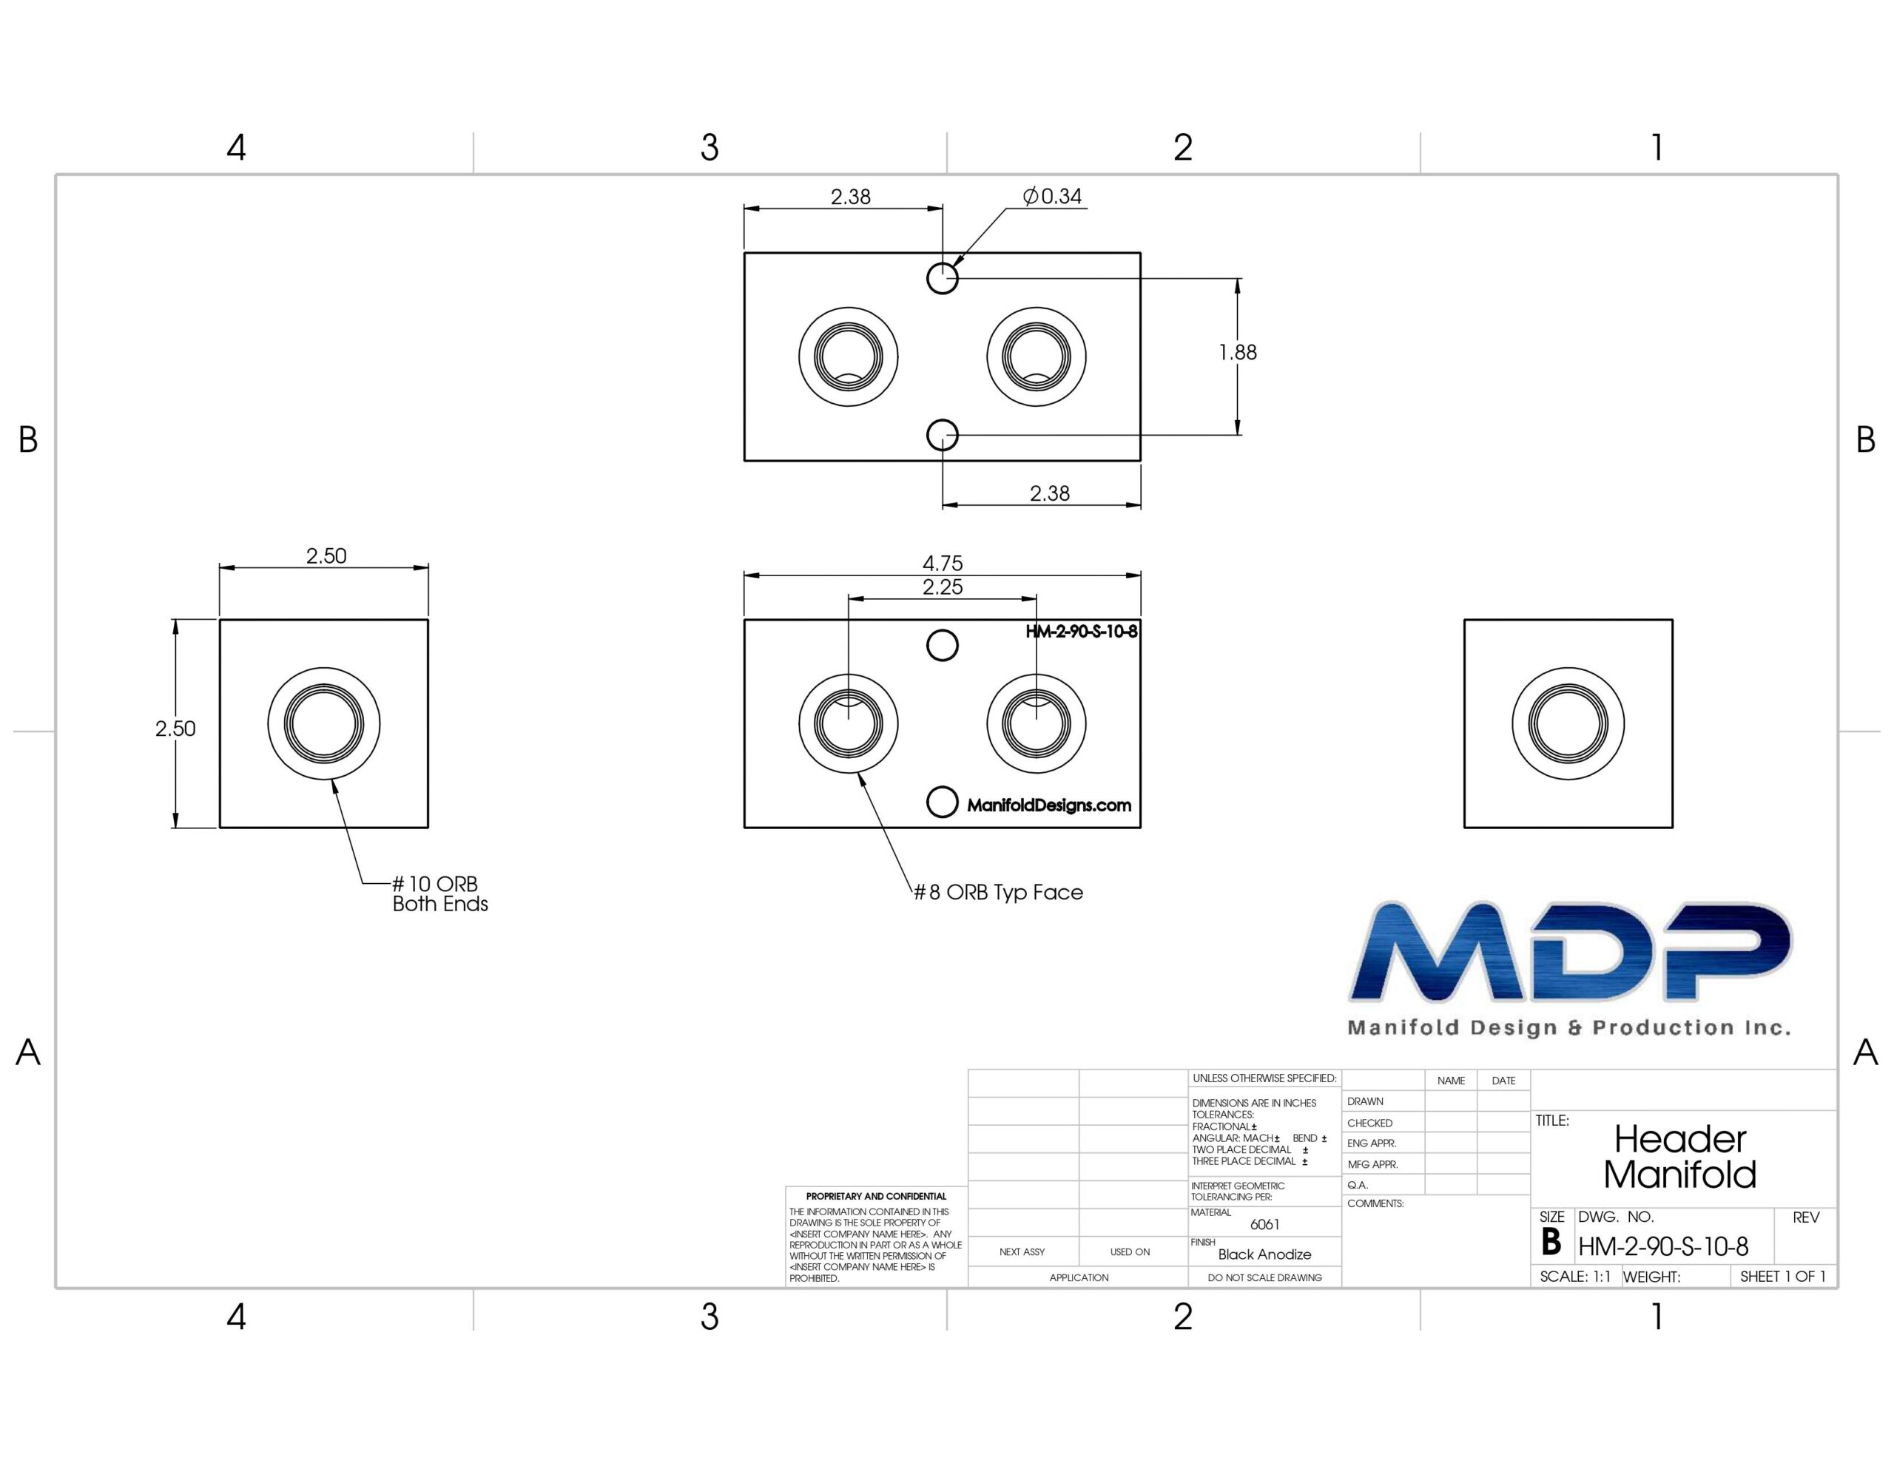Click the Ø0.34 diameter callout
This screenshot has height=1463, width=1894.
point(1052,196)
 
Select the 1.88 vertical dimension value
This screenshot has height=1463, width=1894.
point(1238,352)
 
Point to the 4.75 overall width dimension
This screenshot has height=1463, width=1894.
point(943,563)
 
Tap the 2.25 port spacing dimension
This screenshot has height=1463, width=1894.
point(943,587)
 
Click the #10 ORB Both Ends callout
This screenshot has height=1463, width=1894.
point(439,893)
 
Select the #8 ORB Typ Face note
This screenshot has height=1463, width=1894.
point(998,892)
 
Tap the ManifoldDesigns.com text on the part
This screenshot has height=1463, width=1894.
point(1049,805)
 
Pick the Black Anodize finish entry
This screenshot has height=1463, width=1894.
point(1264,1254)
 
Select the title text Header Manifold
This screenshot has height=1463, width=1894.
point(1679,1157)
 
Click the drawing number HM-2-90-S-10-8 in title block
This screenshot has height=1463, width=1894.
point(1663,1246)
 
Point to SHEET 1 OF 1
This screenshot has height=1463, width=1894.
point(1783,1276)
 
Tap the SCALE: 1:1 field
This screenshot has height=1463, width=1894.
point(1575,1277)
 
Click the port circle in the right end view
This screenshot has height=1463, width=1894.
point(1568,723)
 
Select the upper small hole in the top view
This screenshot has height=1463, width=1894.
point(943,278)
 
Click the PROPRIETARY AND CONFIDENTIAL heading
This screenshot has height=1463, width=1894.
point(876,1196)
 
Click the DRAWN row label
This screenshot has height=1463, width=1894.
point(1365,1101)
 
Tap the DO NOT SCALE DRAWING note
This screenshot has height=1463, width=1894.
point(1264,1277)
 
